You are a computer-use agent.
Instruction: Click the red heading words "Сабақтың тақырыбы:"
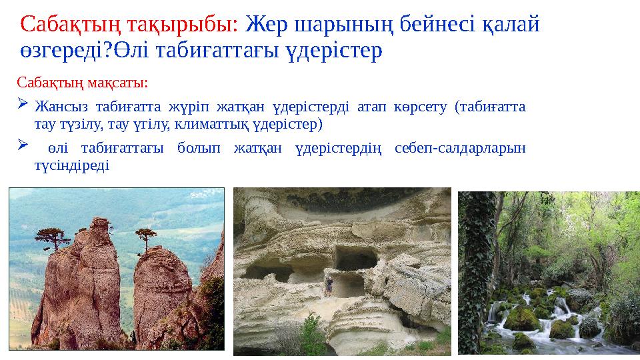coord(129,25)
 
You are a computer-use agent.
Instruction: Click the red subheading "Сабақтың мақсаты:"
coord(82,83)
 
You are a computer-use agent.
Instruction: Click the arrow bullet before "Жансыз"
coord(23,104)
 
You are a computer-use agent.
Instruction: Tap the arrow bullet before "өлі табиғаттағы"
coord(23,145)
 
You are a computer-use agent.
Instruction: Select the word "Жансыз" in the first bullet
coord(61,107)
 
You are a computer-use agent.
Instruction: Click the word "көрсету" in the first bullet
coord(421,107)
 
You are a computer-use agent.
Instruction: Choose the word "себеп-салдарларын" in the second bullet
coord(460,148)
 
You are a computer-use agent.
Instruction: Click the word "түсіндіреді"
coord(72,165)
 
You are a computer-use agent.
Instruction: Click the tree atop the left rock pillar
coord(52,238)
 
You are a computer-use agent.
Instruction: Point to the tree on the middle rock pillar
coord(146,239)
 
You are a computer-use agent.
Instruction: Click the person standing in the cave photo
coord(329,286)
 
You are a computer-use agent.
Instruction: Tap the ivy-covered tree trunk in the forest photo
coord(476,269)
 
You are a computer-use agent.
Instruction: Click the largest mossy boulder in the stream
coord(522,319)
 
